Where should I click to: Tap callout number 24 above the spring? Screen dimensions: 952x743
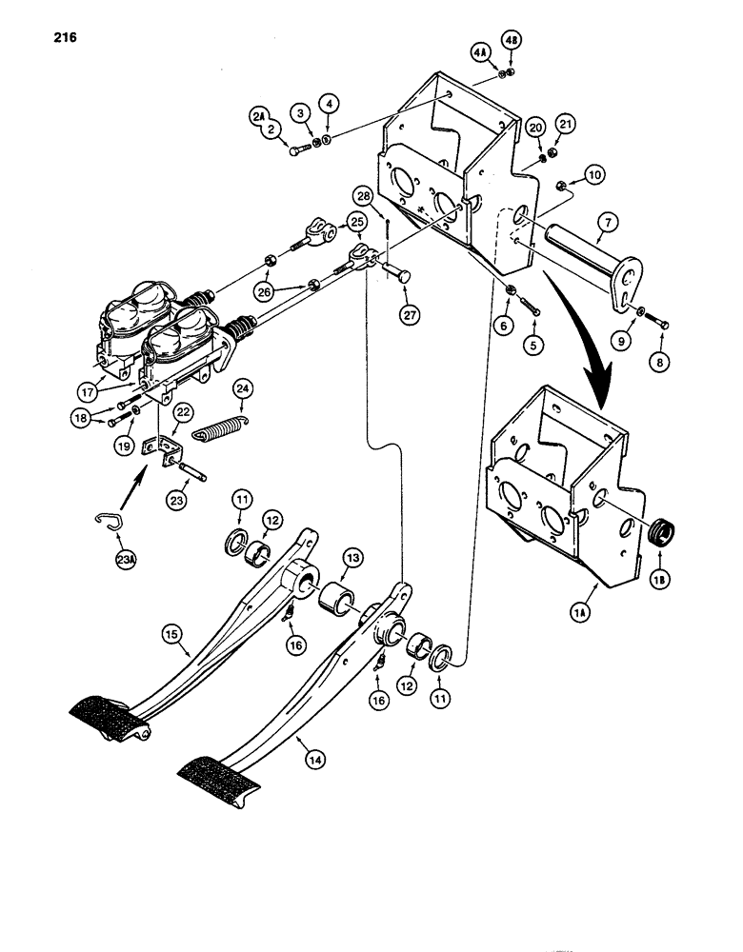click(243, 388)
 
